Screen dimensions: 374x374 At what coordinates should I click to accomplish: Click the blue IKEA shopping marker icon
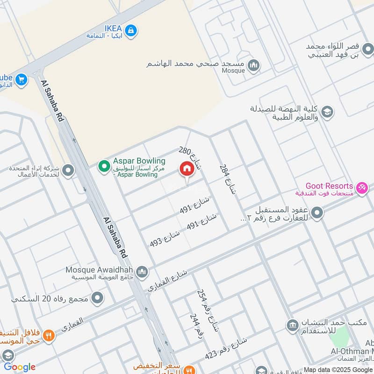click(x=132, y=29)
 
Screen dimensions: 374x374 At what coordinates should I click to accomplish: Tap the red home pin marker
click(x=187, y=169)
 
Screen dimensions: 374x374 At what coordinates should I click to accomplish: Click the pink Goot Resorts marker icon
click(x=361, y=189)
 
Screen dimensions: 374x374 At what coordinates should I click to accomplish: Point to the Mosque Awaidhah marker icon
click(x=143, y=272)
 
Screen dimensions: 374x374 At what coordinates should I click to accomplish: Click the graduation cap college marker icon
click(x=328, y=111)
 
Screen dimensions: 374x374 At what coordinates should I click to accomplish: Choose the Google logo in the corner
click(x=20, y=367)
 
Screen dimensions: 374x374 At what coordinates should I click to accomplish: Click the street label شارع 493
click(x=165, y=238)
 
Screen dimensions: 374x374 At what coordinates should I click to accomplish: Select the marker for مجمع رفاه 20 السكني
click(x=97, y=298)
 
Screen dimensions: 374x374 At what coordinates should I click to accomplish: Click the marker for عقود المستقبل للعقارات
click(x=317, y=214)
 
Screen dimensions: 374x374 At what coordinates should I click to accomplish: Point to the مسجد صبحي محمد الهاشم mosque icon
click(x=254, y=65)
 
